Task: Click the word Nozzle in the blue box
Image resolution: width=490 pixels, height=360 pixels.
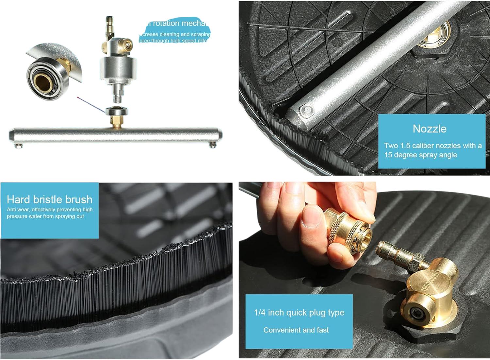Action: coord(429,129)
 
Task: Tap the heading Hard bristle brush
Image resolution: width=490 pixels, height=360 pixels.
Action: coord(50,199)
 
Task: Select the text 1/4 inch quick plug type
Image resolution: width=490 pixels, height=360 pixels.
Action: coord(299,313)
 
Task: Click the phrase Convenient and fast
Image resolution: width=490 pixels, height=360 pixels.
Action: coord(296,330)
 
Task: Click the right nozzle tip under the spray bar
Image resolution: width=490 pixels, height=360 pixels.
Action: coord(213,146)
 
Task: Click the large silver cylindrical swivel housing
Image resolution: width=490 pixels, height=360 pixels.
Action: coord(118,70)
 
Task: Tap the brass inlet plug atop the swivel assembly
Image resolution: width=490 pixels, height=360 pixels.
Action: coord(108,26)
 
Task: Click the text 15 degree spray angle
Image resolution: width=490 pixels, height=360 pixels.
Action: coord(420,155)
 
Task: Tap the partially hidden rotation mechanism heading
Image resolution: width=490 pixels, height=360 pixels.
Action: coord(178,24)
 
